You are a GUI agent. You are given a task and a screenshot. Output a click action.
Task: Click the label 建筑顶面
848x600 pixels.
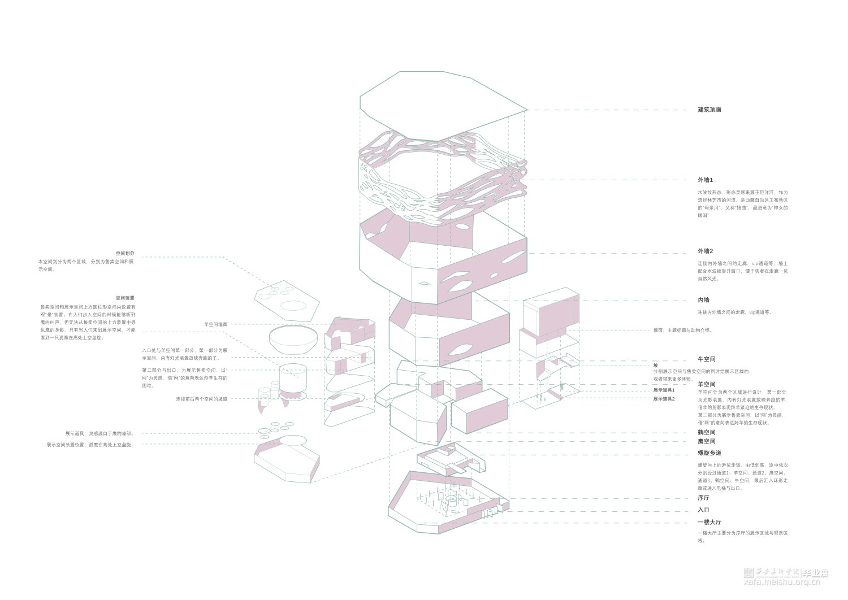click(709, 110)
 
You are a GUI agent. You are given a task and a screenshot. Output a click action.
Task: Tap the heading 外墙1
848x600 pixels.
click(705, 180)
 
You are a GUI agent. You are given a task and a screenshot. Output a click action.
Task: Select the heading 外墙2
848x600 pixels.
click(705, 251)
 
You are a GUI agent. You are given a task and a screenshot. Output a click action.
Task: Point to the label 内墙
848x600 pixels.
click(703, 301)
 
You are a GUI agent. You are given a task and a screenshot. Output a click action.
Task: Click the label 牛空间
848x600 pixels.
click(706, 359)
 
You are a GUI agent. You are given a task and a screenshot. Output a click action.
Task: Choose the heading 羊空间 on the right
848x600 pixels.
click(706, 385)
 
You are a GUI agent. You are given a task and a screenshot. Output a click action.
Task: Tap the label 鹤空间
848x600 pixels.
click(706, 433)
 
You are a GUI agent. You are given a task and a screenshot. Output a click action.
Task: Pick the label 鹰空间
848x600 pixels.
click(706, 441)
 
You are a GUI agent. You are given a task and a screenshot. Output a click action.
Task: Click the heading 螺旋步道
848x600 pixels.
click(709, 453)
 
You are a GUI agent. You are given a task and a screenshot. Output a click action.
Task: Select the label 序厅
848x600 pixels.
click(703, 498)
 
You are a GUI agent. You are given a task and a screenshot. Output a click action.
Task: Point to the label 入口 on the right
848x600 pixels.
click(703, 510)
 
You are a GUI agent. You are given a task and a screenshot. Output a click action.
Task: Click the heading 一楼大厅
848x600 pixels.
click(709, 523)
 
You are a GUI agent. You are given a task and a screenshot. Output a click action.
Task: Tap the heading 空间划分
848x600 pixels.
click(125, 254)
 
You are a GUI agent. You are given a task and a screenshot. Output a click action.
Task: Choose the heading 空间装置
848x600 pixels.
click(125, 298)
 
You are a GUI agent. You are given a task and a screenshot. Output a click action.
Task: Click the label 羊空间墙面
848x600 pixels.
click(215, 324)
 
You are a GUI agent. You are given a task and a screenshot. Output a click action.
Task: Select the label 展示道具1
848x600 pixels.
click(664, 390)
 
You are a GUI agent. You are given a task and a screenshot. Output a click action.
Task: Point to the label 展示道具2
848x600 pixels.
click(664, 399)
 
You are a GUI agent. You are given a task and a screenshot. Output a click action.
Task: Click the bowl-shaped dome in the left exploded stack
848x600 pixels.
click(293, 338)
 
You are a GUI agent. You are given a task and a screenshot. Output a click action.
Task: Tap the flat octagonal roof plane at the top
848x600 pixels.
click(441, 105)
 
